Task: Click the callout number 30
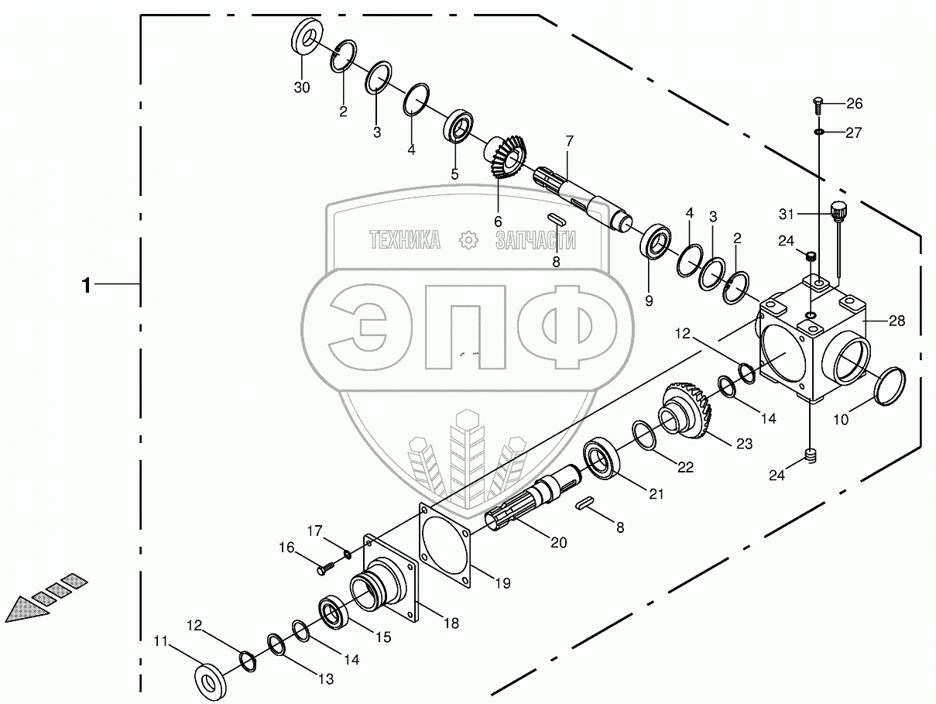tap(301, 88)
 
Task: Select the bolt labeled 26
tap(818, 105)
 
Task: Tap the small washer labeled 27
tap(818, 132)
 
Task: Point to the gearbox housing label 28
tap(897, 321)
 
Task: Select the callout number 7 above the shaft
tap(569, 141)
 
